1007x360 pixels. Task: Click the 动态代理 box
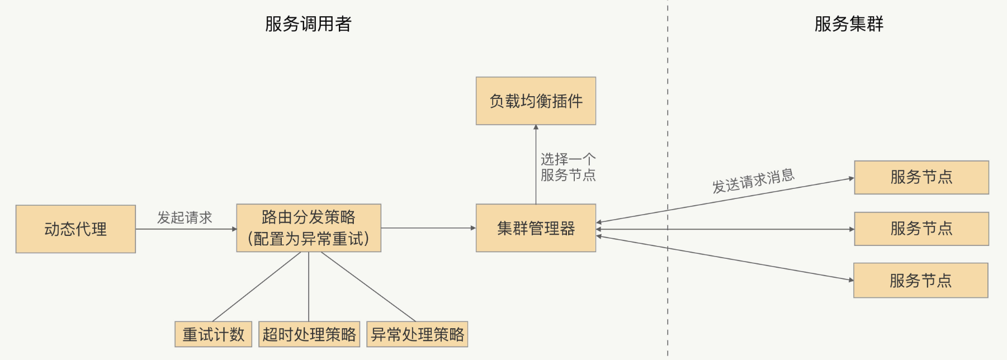[75, 229]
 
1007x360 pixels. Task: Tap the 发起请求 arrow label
[185, 217]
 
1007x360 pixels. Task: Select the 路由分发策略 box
[309, 228]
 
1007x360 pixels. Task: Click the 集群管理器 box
[536, 228]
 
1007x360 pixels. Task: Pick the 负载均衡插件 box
[536, 101]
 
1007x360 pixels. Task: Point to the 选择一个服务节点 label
[568, 167]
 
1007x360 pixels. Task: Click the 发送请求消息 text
[753, 181]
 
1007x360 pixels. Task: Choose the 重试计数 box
[213, 334]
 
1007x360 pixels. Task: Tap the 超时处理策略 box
[309, 334]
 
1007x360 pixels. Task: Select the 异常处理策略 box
[417, 334]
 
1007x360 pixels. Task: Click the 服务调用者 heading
[308, 24]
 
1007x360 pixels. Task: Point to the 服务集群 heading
[848, 24]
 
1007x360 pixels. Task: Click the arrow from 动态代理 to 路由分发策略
[186, 229]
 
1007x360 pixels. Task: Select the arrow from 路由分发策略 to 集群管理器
[428, 228]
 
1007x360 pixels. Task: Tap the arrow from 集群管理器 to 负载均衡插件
[536, 165]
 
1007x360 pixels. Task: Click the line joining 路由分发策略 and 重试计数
[257, 286]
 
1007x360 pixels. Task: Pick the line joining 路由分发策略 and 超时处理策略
[309, 286]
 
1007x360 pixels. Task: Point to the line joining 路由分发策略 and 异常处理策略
[367, 286]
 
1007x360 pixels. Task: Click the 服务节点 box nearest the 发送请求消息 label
[921, 177]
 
